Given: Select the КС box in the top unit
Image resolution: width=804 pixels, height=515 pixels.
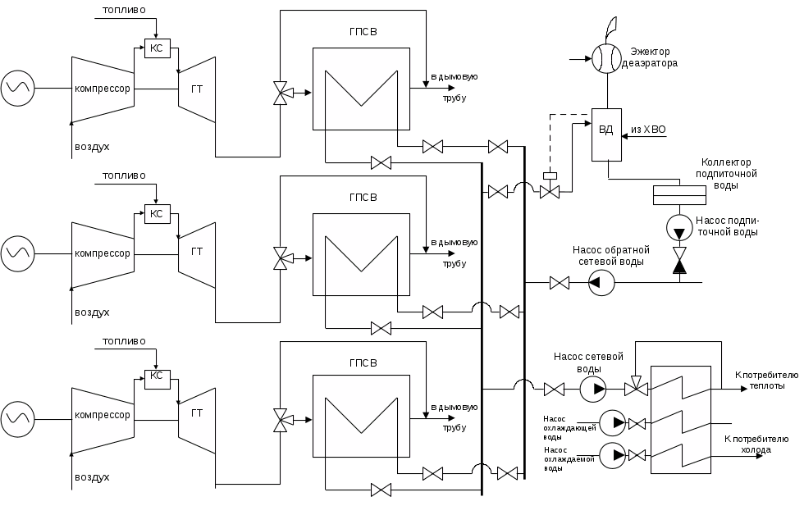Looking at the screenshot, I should [156, 48].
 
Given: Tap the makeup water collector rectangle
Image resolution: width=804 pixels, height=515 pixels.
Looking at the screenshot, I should [678, 194].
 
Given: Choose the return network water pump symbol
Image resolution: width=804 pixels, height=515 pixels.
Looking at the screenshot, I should [601, 284].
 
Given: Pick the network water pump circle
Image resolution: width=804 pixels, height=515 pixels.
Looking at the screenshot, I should [592, 389].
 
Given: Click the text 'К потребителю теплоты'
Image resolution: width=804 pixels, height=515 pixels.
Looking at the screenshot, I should [760, 380].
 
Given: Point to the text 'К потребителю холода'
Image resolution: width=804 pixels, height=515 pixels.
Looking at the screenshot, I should [756, 444].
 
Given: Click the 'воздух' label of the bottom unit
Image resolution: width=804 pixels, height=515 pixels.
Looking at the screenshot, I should [92, 476].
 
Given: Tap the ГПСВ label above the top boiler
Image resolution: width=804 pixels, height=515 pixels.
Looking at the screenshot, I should [363, 33].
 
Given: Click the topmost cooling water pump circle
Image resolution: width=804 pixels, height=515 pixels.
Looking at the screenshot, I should [611, 423].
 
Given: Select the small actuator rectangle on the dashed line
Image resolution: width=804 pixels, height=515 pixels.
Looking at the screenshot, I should [549, 175].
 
